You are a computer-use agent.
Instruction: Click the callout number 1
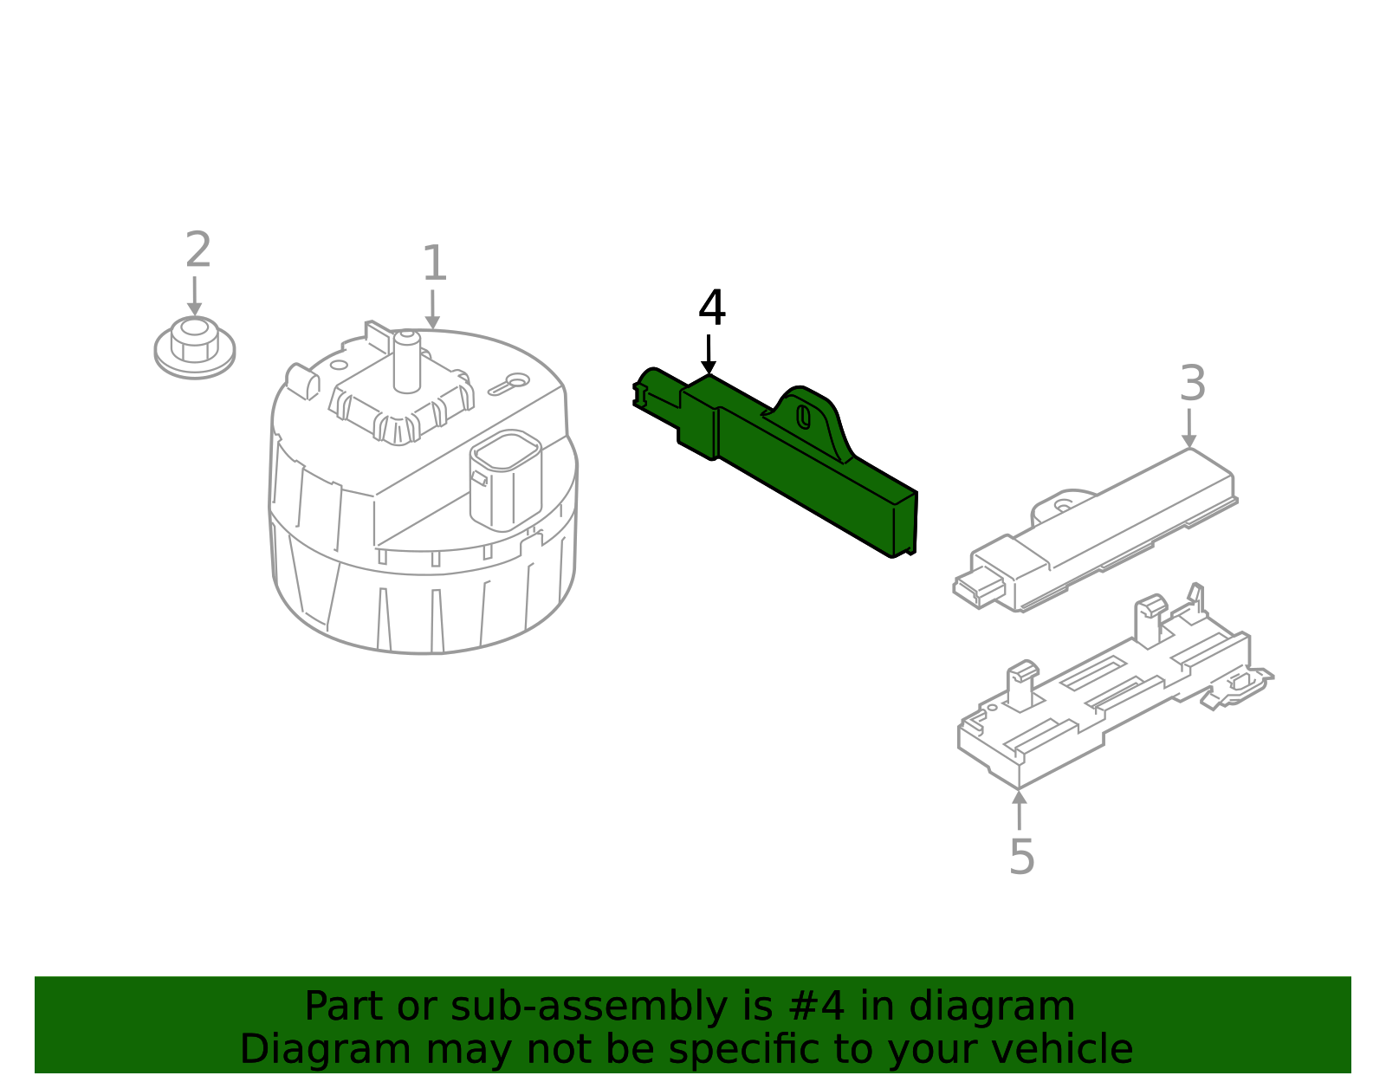(x=434, y=263)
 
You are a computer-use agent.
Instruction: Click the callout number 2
(x=198, y=251)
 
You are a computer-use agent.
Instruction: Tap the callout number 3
(x=1193, y=383)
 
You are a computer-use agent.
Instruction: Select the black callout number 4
(x=711, y=308)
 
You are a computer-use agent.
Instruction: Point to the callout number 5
(x=1021, y=857)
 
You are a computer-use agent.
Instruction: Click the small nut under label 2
(x=194, y=347)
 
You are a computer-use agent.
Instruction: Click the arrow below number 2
(x=194, y=296)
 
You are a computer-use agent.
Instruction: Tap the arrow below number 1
(x=432, y=309)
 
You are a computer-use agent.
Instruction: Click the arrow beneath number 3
(x=1189, y=427)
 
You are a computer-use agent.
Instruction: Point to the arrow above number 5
(x=1020, y=810)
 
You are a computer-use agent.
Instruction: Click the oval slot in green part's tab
(x=804, y=417)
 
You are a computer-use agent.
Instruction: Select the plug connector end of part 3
(x=979, y=590)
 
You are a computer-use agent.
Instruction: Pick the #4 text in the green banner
(x=818, y=1007)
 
